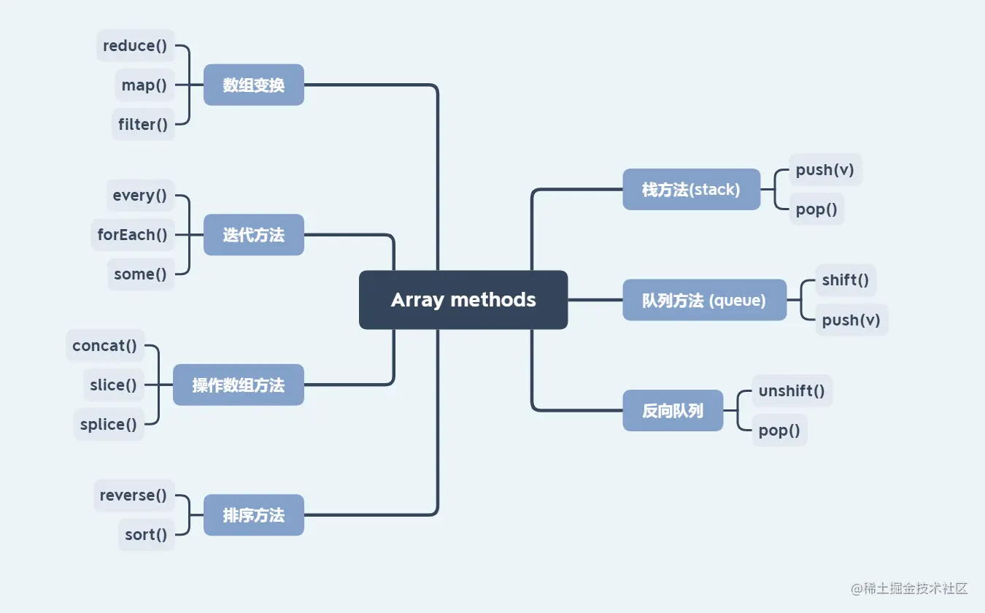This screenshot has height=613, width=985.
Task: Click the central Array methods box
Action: [463, 300]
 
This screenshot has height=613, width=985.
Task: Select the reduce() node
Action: [136, 46]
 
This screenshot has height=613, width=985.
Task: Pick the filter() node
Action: [143, 125]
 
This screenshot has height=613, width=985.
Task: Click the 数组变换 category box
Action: [253, 85]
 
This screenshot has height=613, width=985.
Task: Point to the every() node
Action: [140, 196]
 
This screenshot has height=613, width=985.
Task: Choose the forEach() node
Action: [133, 235]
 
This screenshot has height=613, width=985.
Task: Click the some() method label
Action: [141, 274]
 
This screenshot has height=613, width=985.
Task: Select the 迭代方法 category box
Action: [253, 235]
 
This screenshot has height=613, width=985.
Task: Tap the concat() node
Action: [105, 346]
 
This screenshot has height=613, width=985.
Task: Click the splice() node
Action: [109, 425]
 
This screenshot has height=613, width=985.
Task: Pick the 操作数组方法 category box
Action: [238, 385]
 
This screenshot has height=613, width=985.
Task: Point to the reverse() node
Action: [134, 496]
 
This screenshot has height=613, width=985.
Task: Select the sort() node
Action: [146, 535]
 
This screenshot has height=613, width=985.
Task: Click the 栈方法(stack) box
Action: [691, 190]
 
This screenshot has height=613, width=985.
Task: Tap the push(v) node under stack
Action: [825, 170]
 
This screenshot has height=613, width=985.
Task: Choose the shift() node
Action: [846, 280]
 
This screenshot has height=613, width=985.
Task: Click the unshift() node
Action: [792, 391]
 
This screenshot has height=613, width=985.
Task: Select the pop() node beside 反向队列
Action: [779, 431]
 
